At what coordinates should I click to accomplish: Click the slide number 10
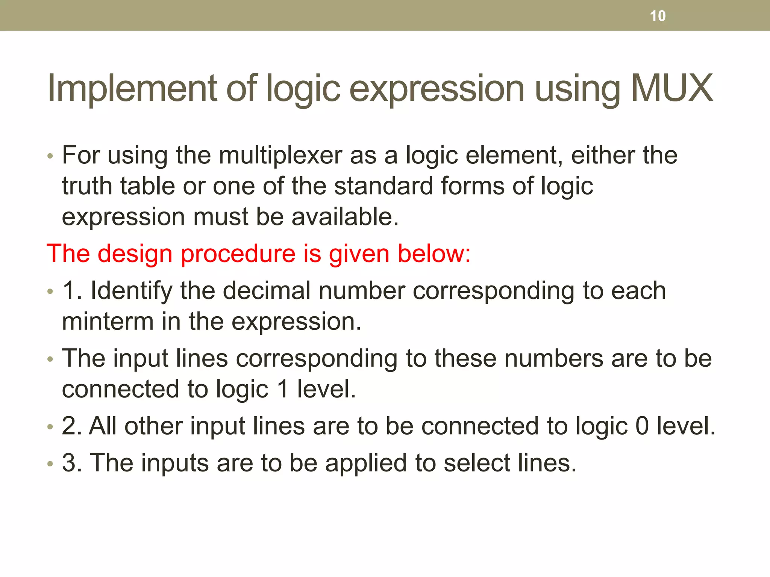coord(658,16)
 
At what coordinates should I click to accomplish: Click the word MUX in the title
coord(671,88)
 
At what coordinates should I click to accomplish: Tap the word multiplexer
coord(280,155)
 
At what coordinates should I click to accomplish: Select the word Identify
coord(131,291)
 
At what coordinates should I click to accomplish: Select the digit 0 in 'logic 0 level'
coord(642,426)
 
